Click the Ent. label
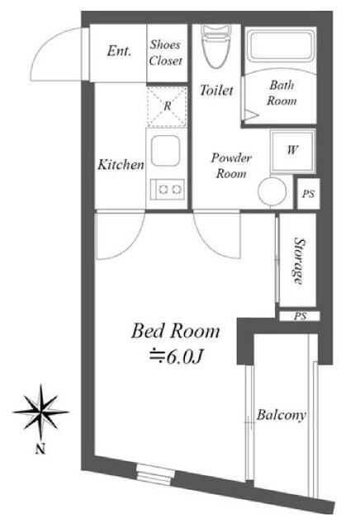(119, 51)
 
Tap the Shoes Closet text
(166, 53)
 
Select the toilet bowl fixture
(216, 46)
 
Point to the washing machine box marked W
(292, 151)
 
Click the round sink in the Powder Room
(272, 191)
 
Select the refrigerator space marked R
(167, 106)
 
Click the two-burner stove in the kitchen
(168, 189)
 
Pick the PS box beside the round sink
(308, 194)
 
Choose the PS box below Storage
(300, 316)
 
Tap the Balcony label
(281, 414)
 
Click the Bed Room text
(175, 331)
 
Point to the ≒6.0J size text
(175, 357)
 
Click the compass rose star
(40, 412)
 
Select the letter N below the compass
(40, 449)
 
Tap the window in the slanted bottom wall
(155, 474)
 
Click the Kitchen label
(121, 165)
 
